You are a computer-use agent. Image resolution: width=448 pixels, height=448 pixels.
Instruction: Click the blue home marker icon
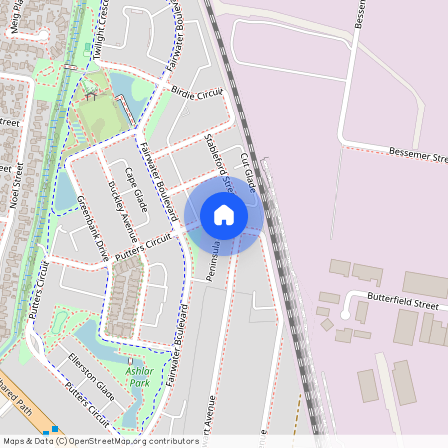point(224,215)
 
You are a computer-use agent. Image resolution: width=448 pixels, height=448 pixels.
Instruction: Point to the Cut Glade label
point(248,174)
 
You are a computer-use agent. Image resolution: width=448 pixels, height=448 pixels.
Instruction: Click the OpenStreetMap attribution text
point(100,440)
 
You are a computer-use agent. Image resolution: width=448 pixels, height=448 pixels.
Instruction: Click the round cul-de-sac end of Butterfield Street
point(344,313)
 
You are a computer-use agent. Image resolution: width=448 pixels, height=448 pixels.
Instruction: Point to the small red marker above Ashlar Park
point(129,361)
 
